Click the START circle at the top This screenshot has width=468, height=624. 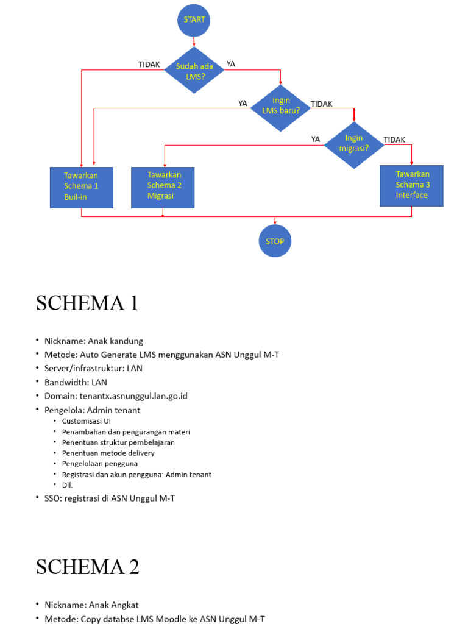coord(194,19)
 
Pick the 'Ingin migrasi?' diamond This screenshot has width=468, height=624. coord(354,143)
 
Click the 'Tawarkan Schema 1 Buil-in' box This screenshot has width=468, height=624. coord(81,186)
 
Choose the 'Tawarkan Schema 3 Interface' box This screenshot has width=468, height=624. coord(412,185)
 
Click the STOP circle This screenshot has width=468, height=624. coord(275,241)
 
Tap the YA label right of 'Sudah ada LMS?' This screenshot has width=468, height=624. coord(231,64)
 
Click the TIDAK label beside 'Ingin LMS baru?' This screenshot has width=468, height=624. coord(322,104)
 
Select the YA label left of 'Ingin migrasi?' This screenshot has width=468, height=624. coord(315,139)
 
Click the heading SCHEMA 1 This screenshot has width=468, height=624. coord(87,303)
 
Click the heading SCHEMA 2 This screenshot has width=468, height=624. coord(88,567)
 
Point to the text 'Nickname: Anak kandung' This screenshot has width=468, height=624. coord(94,341)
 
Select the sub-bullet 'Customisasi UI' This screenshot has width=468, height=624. coord(87,421)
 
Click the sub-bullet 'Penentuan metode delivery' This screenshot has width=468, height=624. coord(108,453)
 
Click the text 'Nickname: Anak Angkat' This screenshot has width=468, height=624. coord(91,605)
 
